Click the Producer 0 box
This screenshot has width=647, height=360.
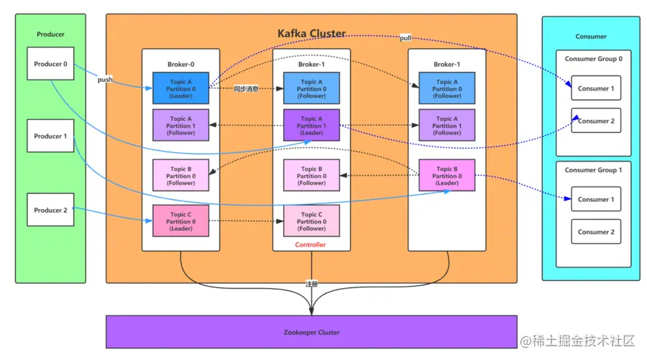[x=50, y=64]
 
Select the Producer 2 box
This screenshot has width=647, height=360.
[x=50, y=211]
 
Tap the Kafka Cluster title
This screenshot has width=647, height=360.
[x=311, y=33]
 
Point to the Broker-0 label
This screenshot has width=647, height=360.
[x=180, y=64]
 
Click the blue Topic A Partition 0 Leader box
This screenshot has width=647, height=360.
[x=180, y=89]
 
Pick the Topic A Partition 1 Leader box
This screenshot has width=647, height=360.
[x=311, y=126]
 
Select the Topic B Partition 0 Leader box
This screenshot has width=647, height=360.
[x=446, y=176]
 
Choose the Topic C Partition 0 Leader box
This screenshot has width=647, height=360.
[x=180, y=221]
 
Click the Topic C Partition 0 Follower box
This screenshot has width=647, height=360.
[x=311, y=221]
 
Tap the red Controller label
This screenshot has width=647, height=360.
[x=311, y=245]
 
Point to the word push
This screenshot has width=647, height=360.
[x=105, y=80]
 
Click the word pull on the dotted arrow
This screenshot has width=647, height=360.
[x=406, y=37]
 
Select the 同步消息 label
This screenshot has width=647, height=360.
[x=246, y=89]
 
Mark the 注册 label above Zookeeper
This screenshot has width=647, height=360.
[x=311, y=284]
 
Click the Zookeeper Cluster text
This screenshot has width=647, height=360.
[x=311, y=333]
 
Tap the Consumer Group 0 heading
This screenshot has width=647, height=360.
[x=593, y=59]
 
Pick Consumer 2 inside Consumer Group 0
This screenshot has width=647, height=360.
[x=596, y=121]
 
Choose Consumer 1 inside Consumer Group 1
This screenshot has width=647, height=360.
[x=596, y=199]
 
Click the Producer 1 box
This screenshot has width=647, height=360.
[x=50, y=136]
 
